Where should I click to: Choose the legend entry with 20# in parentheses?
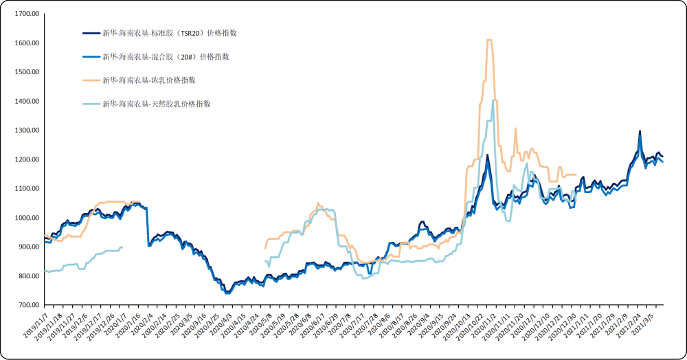165,56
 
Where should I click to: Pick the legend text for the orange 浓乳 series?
148,80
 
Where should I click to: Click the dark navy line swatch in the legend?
91,33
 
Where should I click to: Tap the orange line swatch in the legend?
91,80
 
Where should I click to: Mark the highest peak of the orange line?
489,41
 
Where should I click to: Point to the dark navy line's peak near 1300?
640,131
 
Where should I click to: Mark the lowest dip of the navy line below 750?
226,293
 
